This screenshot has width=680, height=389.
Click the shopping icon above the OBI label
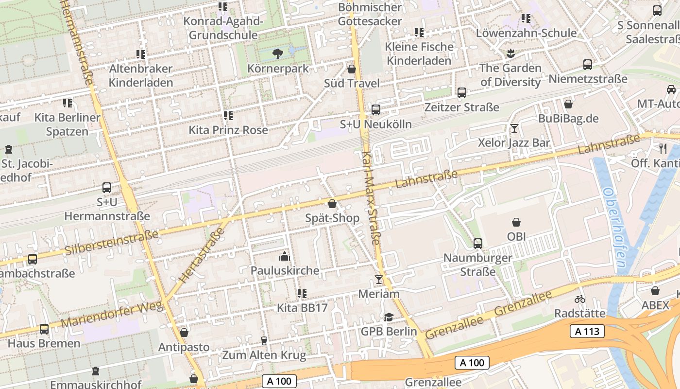click(x=516, y=222)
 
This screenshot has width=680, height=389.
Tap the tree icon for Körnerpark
click(x=278, y=53)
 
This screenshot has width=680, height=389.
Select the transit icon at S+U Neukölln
click(x=376, y=110)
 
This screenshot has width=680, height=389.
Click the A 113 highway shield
click(x=587, y=332)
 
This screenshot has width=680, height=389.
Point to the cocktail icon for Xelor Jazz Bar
click(x=514, y=128)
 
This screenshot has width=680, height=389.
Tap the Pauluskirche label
click(x=285, y=270)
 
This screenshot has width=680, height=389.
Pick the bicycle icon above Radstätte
click(x=579, y=299)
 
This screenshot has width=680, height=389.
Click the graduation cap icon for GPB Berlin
click(x=389, y=317)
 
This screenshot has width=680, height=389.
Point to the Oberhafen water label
click(x=614, y=229)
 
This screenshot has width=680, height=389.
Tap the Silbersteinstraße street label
click(x=112, y=242)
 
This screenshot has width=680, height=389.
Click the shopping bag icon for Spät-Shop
click(x=332, y=204)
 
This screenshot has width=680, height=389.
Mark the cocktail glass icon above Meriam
click(x=379, y=280)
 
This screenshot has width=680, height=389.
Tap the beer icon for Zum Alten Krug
click(x=264, y=340)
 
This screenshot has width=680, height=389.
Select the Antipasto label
click(x=184, y=347)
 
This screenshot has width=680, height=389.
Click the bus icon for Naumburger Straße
click(x=478, y=243)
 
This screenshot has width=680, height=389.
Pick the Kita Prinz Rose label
click(x=228, y=130)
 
